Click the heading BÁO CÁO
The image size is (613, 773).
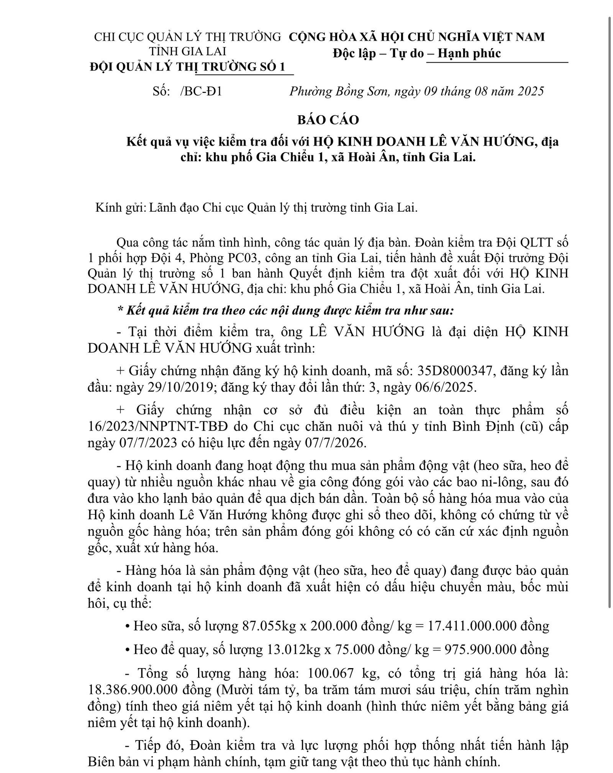coord(328,120)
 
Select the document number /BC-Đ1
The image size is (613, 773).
coord(201,91)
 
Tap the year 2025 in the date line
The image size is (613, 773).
coord(530,91)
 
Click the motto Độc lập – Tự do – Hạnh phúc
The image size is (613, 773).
coord(416,53)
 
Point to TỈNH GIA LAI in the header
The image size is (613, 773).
coord(187,51)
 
